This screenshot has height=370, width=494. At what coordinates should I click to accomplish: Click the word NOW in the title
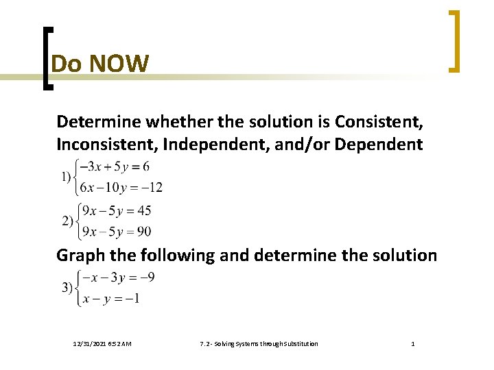(x=118, y=64)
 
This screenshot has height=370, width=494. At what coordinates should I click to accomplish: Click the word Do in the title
(x=67, y=64)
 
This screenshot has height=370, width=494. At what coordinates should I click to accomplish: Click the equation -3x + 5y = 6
(x=115, y=167)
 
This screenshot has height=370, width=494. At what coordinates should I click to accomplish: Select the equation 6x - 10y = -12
(x=121, y=187)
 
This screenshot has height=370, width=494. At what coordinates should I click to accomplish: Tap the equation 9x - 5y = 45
(x=116, y=210)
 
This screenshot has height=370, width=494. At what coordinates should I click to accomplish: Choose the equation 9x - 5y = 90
(x=116, y=232)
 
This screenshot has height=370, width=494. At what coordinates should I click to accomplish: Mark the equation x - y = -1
(x=111, y=299)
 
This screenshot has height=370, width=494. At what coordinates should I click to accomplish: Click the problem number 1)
(x=68, y=177)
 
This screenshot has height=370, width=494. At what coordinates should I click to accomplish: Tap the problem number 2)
(x=68, y=221)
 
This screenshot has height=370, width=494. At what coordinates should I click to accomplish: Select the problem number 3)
(x=68, y=288)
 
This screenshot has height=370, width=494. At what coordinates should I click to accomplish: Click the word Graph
(x=82, y=256)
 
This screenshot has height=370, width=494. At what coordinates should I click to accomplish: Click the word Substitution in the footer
(x=297, y=343)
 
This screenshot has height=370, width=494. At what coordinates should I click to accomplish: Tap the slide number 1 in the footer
(x=412, y=343)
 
